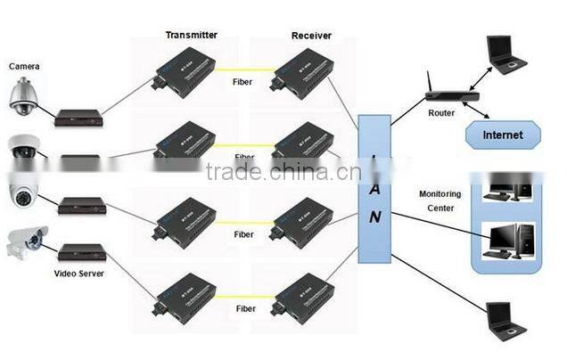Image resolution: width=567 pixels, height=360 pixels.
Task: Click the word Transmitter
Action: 191,36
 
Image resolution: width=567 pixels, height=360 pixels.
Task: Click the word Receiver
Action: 311,36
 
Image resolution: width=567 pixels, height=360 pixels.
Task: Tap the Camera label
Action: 25,66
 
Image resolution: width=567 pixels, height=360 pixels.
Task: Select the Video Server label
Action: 78,274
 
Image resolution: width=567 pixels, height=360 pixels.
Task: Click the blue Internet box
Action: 503,135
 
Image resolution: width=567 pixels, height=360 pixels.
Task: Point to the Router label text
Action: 440,114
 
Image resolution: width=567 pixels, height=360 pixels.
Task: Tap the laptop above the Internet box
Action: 505,55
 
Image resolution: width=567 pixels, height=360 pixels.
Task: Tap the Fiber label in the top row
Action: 243,81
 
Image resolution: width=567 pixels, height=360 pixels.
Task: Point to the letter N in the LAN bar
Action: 376,216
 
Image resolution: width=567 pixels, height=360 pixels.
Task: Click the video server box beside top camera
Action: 78,116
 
